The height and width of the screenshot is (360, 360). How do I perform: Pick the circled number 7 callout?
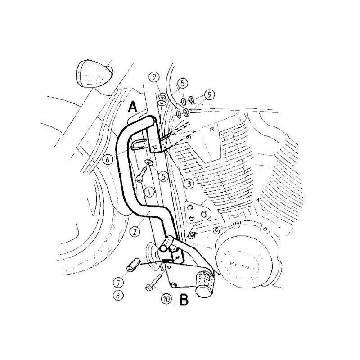pyautogui.click(x=117, y=283)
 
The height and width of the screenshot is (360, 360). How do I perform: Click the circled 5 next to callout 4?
pyautogui.click(x=165, y=176)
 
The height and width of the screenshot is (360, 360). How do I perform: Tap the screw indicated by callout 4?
pyautogui.click(x=143, y=175)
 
